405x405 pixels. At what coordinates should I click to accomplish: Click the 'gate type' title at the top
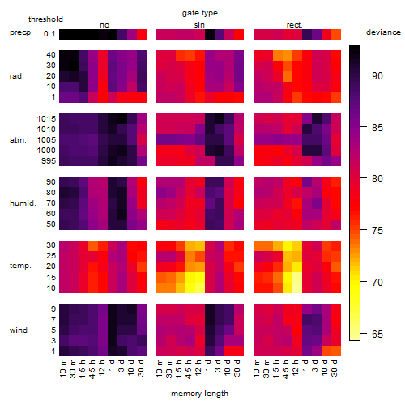pos(200,13)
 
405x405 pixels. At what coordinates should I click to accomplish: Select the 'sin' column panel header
pos(199,25)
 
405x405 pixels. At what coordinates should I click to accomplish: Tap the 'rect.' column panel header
pos(295,25)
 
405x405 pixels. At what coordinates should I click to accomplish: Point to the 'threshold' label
pos(45,19)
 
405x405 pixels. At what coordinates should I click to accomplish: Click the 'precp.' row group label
pos(21,32)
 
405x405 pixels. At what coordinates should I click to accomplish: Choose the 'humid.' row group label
pos(23,202)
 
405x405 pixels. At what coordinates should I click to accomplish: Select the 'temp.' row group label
pos(20,266)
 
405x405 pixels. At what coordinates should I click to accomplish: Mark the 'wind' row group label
pos(19,330)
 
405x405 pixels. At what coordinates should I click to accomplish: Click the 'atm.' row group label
pos(18,140)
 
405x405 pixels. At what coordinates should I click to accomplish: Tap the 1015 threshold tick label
pos(46,118)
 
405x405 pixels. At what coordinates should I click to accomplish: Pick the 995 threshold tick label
pos(49,160)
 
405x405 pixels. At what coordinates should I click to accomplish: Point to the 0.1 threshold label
pos(49,34)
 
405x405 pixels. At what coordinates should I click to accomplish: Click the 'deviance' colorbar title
pos(383,32)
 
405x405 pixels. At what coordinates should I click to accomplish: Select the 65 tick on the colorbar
pos(377,334)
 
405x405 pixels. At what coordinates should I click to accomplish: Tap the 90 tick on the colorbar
pos(377,76)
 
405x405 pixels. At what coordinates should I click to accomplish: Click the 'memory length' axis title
pos(199,394)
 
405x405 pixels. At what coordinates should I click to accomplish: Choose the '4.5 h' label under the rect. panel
pos(285,369)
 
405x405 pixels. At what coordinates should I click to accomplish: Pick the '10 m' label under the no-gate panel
pos(62,368)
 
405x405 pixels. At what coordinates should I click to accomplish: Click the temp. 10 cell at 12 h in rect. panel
pos(297,288)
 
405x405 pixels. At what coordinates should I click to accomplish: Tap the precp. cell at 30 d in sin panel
pos(239,34)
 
